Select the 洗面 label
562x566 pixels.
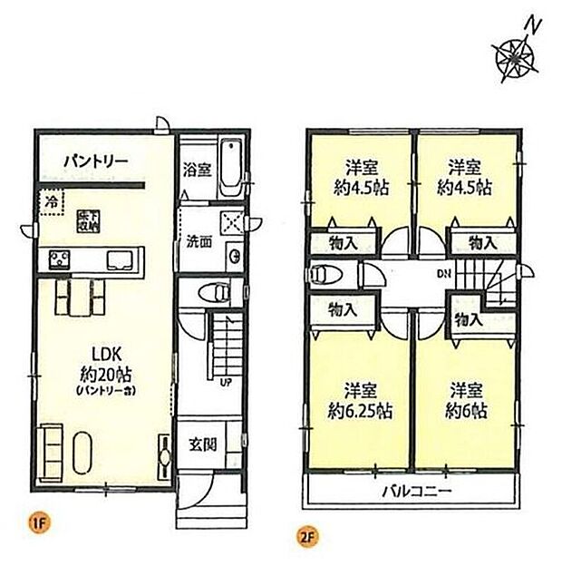200,243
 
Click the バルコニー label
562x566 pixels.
415,493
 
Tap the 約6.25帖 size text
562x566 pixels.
360,410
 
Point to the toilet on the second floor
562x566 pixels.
323,273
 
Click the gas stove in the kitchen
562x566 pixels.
58,260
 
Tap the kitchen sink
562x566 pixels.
121,260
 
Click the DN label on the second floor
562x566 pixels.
443,274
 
